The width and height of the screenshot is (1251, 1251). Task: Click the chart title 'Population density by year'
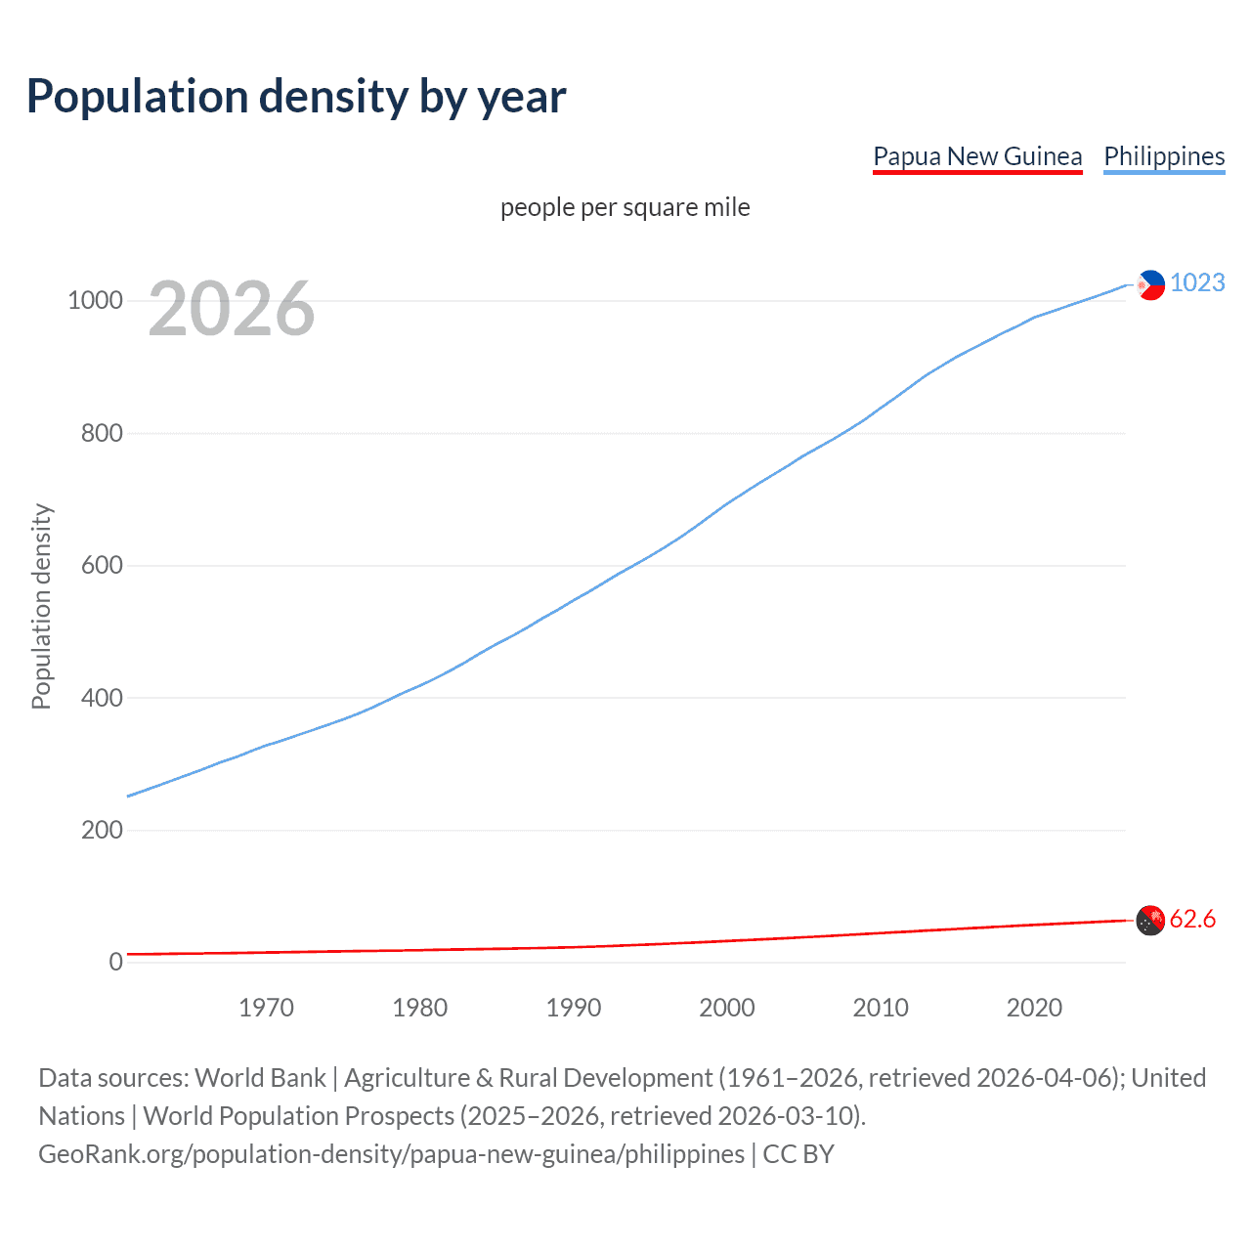pyautogui.click(x=296, y=97)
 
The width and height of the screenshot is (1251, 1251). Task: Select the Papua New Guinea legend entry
pyautogui.click(x=977, y=156)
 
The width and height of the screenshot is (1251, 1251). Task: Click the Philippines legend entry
pyautogui.click(x=1164, y=156)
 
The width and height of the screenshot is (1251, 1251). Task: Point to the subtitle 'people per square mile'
pyautogui.click(x=625, y=207)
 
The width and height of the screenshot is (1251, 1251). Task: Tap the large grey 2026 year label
pyautogui.click(x=232, y=309)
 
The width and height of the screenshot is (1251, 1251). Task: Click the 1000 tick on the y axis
pyautogui.click(x=95, y=300)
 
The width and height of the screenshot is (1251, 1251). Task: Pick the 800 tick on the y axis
pyautogui.click(x=102, y=433)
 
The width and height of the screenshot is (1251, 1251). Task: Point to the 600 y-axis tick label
pyautogui.click(x=102, y=565)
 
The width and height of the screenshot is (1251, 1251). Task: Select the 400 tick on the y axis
pyautogui.click(x=102, y=698)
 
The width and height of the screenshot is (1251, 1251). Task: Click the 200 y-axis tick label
pyautogui.click(x=102, y=830)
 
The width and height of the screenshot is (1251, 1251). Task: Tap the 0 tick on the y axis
pyautogui.click(x=116, y=962)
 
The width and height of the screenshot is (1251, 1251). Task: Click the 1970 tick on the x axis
pyautogui.click(x=266, y=1008)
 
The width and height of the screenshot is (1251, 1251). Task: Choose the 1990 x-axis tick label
pyautogui.click(x=574, y=1008)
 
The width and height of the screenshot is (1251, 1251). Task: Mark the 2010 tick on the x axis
pyautogui.click(x=881, y=1008)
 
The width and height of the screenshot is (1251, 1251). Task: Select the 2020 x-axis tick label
pyautogui.click(x=1034, y=1008)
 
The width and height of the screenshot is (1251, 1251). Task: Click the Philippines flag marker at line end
pyautogui.click(x=1150, y=284)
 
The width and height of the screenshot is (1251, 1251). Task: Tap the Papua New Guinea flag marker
pyautogui.click(x=1150, y=920)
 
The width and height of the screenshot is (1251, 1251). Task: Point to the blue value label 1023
pyautogui.click(x=1197, y=282)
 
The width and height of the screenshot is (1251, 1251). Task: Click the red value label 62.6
pyautogui.click(x=1192, y=920)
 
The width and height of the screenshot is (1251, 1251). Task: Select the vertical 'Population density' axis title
pyautogui.click(x=41, y=606)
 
